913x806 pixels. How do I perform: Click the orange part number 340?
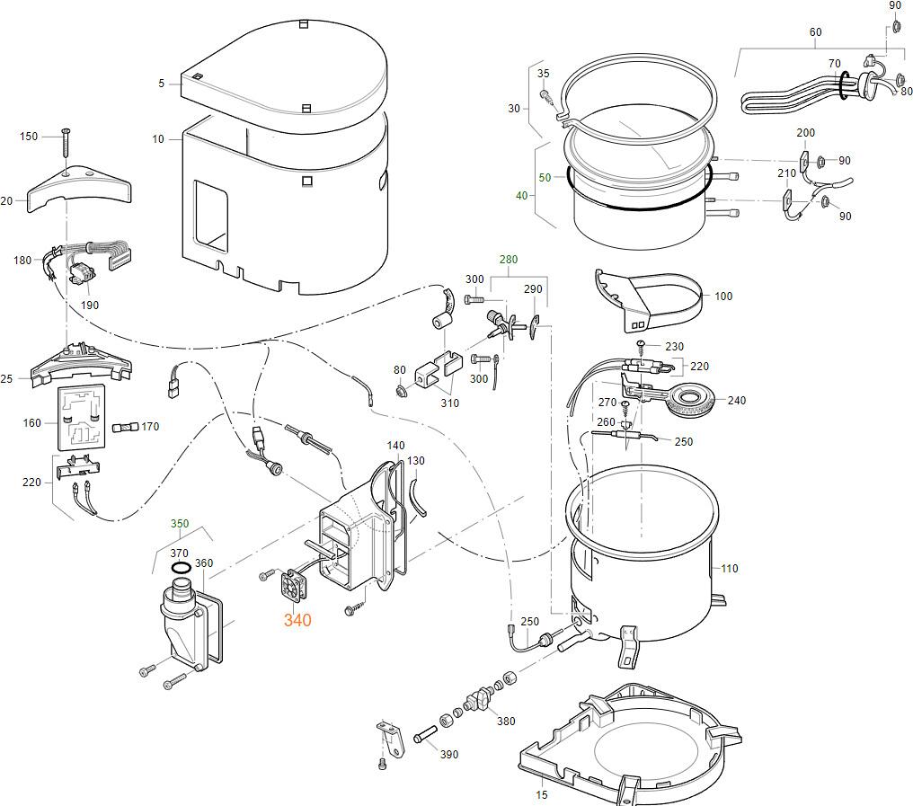point(297,620)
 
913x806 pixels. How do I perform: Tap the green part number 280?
point(509,260)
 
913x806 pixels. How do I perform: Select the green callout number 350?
point(180,523)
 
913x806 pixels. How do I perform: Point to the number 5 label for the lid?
point(162,84)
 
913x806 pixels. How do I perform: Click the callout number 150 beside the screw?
point(29,137)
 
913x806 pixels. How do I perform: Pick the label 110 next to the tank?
point(729,569)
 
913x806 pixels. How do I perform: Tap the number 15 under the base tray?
point(541,794)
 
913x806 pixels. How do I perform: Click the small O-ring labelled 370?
point(181,568)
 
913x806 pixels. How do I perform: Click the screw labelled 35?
point(545,93)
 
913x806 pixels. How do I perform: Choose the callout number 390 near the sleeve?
point(449,754)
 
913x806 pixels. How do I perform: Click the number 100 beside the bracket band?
point(723,296)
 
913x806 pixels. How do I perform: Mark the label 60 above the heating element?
point(815,32)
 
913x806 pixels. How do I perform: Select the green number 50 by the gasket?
point(545,178)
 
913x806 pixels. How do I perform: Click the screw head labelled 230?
point(641,345)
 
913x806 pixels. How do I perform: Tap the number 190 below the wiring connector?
point(89,305)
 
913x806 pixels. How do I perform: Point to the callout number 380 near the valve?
point(506,721)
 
